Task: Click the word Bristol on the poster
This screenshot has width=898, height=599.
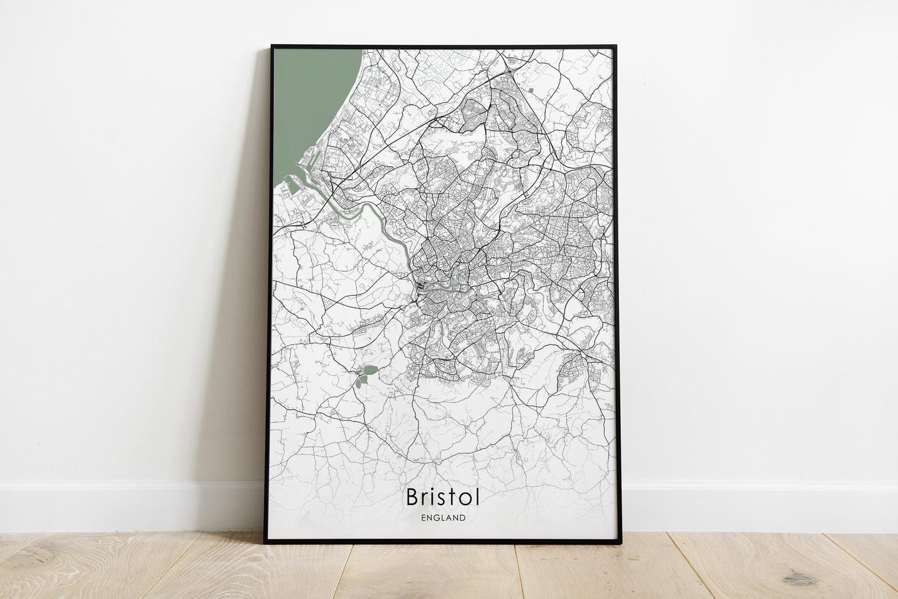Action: coord(442,497)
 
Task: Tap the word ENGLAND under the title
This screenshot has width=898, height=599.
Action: coord(442,518)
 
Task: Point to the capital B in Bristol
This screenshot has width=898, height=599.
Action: coord(412,497)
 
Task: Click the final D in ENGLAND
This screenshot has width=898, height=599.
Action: coord(462,518)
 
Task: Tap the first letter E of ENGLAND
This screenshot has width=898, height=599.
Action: coord(423,518)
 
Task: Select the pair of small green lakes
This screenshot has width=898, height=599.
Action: coord(365,375)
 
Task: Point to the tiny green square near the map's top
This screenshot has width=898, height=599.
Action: coord(531,91)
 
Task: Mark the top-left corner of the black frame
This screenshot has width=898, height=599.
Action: coord(272,46)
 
